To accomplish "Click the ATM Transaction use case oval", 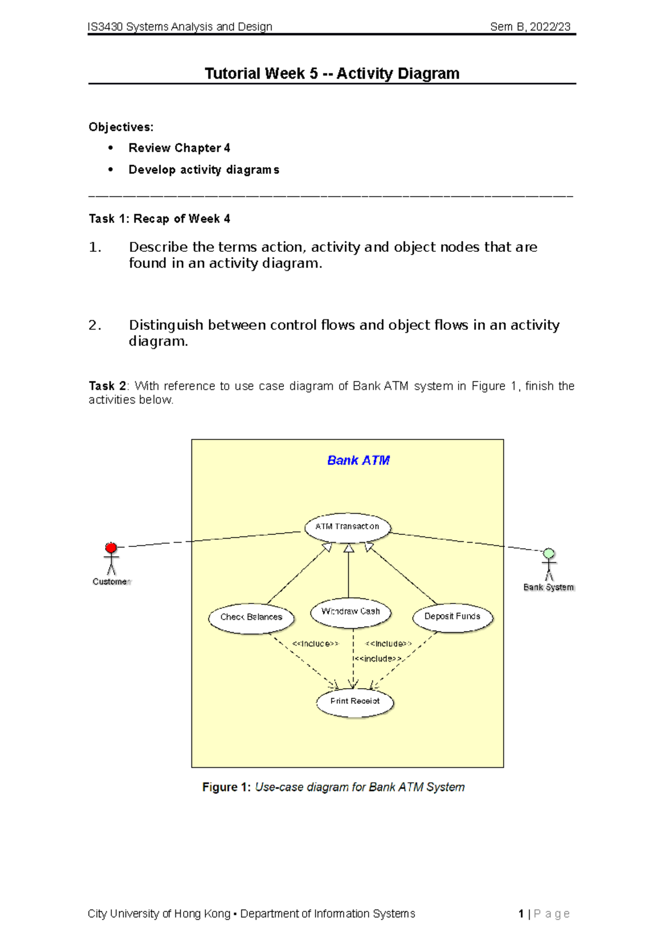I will [x=347, y=527].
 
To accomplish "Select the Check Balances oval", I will [x=251, y=617].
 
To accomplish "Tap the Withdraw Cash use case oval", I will [x=350, y=612].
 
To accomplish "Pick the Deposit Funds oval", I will [x=452, y=617].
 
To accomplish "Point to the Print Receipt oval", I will [x=355, y=701].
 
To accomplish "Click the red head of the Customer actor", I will [x=111, y=548].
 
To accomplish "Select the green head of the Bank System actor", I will [x=548, y=554].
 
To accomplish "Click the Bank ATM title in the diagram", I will [x=358, y=461].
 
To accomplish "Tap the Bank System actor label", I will [x=548, y=587].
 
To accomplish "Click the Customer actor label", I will [x=111, y=582].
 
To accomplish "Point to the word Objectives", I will [x=121, y=127].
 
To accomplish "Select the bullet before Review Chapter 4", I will [x=111, y=148].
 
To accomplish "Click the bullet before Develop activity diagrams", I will [x=111, y=169].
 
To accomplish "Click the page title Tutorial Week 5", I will [x=332, y=74].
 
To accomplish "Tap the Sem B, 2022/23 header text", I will [x=530, y=27].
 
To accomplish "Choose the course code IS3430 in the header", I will [x=105, y=27].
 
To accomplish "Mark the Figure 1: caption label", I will [x=226, y=787].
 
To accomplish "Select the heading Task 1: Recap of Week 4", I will [x=159, y=219].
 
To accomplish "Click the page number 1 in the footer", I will [x=521, y=914].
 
